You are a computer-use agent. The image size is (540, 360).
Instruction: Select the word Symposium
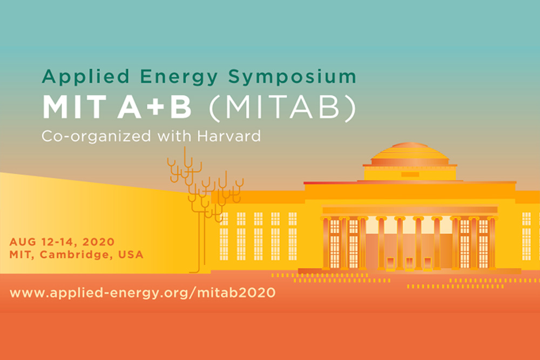point(292,77)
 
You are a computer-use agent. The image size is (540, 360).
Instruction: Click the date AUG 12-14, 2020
point(62,242)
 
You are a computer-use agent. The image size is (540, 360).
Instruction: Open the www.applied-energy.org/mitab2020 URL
point(143,293)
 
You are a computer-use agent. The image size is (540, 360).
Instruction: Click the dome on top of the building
point(409,154)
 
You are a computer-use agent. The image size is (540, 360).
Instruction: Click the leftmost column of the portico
point(326,243)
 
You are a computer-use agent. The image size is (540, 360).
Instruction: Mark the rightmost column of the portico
point(492,243)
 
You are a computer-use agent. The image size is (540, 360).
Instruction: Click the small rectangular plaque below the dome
point(409,174)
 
